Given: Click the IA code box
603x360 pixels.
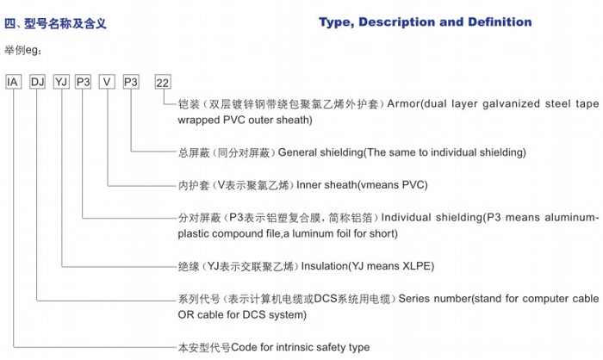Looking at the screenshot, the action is point(13,82).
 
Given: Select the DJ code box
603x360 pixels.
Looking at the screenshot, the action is point(37,82).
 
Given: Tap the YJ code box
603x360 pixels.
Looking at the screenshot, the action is point(61,82).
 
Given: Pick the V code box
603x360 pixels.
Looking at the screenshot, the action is point(107,82).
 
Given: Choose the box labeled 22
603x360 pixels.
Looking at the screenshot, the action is point(163,83).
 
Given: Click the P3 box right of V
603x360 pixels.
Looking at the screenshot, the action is point(131,82).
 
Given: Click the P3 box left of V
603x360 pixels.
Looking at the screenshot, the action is point(83,82).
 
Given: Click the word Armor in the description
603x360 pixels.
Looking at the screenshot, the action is point(403,104).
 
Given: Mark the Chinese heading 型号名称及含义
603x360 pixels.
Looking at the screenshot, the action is point(65,23).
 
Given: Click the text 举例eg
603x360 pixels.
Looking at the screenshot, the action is point(22,50).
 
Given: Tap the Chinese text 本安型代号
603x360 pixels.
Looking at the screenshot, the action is point(204,348).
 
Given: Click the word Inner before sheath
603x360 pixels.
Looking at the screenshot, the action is point(308,185).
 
